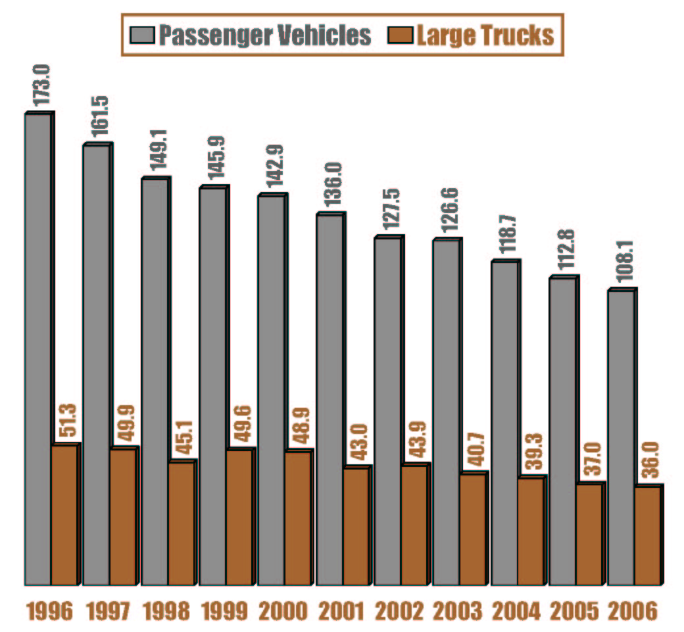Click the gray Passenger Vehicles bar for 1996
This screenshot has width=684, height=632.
click(38, 349)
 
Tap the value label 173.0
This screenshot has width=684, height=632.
click(43, 85)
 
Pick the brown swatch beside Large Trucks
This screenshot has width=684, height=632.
click(404, 35)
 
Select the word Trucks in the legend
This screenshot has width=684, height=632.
click(520, 35)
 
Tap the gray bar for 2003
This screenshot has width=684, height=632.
click(446, 411)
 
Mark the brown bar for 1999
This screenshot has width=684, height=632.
click(239, 517)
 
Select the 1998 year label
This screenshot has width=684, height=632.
click(166, 612)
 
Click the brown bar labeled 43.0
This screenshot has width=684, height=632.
click(356, 525)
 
